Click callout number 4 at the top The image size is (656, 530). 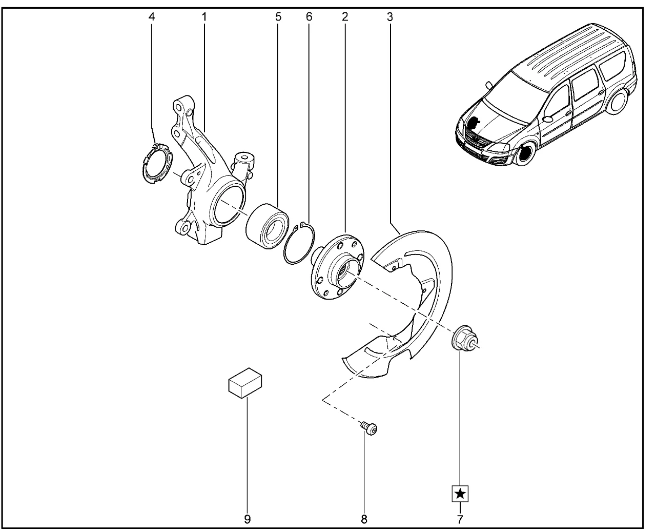(x=152, y=16)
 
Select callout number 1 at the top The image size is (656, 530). (x=204, y=16)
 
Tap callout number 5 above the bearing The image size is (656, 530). (x=278, y=16)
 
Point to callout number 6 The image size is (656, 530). (x=309, y=16)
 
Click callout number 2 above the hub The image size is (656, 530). (x=345, y=16)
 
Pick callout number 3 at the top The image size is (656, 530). (x=390, y=16)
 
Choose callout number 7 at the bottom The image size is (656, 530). (x=460, y=520)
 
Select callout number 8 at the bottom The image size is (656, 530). (x=364, y=520)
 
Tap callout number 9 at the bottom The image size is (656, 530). (x=248, y=520)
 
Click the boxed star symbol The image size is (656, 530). (x=460, y=494)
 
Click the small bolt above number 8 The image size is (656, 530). (x=369, y=428)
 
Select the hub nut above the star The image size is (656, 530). (x=465, y=338)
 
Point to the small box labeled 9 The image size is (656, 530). (x=245, y=383)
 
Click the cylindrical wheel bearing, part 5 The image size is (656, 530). (x=268, y=226)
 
